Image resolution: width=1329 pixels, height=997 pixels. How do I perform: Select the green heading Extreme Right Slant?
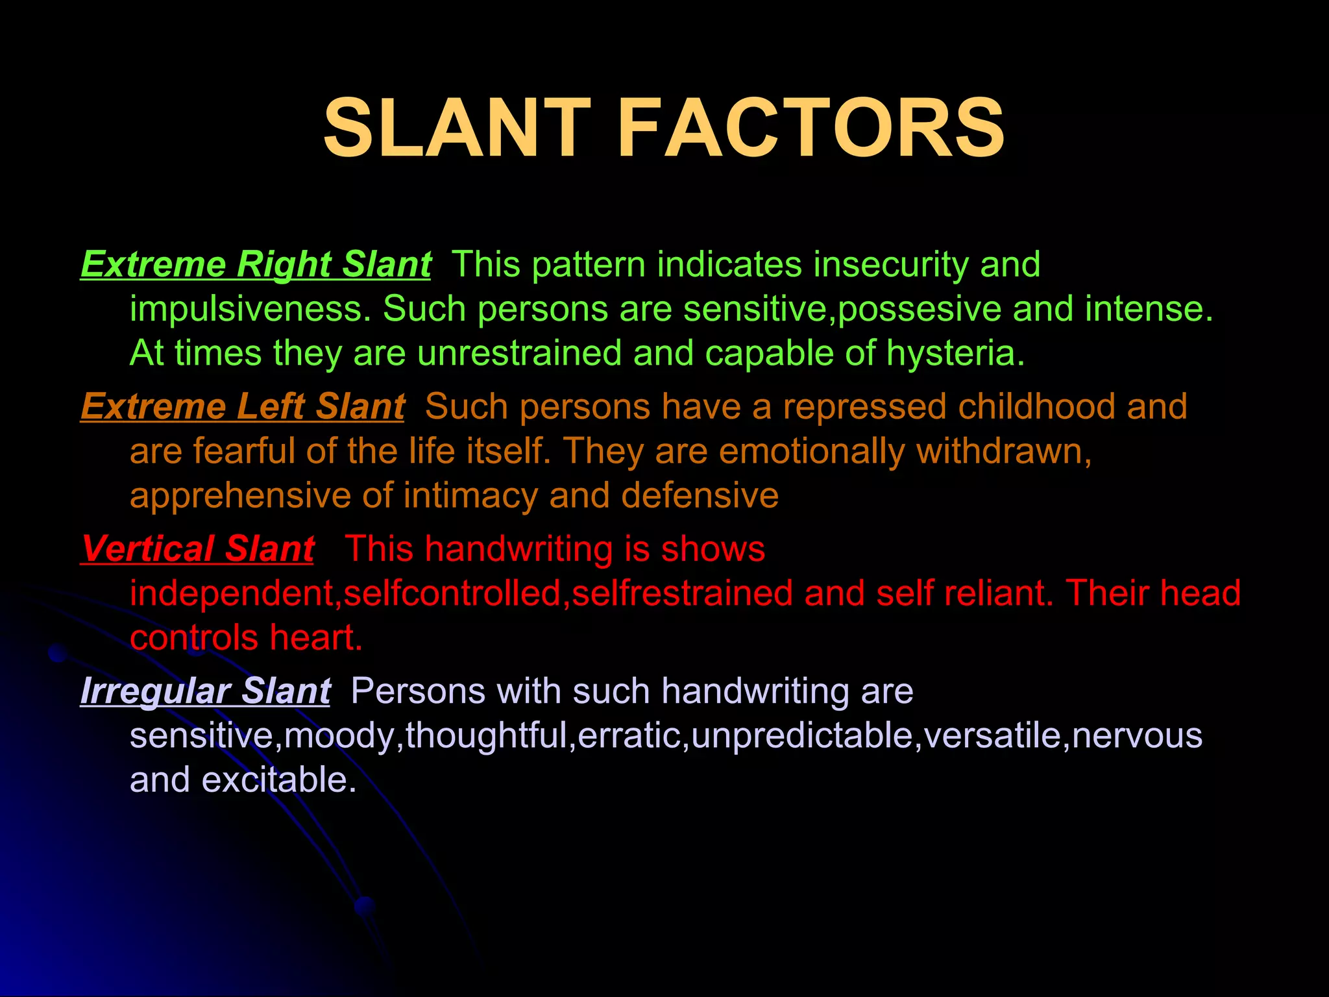(256, 265)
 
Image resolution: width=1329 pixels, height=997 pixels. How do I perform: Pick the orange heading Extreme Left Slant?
(243, 407)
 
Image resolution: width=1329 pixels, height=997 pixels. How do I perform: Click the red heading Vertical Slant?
(198, 549)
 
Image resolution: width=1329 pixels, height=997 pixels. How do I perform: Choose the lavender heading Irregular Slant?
(205, 691)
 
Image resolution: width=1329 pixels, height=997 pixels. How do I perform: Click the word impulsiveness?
(250, 309)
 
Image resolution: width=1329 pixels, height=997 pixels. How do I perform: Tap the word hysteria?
(955, 354)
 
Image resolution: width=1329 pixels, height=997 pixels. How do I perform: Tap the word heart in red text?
(315, 638)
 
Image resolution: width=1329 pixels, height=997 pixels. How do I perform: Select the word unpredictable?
(802, 735)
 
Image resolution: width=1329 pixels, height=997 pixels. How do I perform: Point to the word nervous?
(1137, 735)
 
